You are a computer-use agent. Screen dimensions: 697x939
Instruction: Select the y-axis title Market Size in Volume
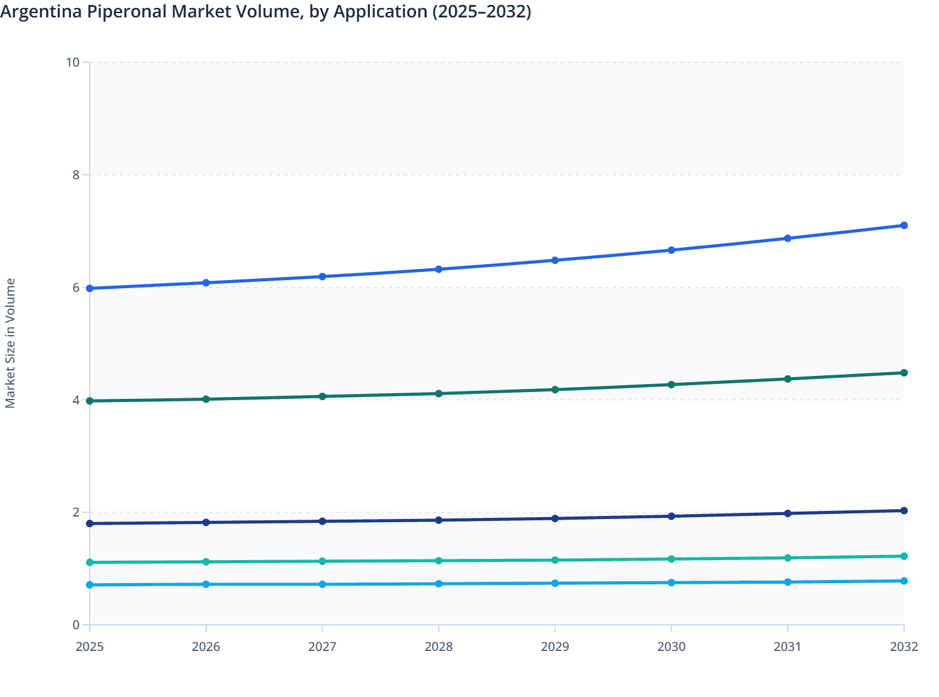[11, 343]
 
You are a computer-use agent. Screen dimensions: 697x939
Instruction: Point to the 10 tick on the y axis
[73, 62]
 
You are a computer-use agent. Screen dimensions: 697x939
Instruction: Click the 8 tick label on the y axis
[76, 175]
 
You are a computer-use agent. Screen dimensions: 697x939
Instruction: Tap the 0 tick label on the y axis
[76, 625]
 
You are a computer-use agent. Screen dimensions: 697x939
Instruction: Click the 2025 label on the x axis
[90, 647]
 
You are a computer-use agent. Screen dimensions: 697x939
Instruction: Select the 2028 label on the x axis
[438, 647]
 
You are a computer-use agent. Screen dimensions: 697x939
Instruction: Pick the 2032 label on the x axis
[904, 647]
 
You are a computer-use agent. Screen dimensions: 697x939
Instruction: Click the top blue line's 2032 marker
[904, 225]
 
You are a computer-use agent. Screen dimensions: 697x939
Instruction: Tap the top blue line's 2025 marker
[90, 288]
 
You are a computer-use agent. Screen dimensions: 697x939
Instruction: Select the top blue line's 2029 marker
[555, 260]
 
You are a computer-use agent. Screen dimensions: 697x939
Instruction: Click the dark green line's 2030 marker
[671, 385]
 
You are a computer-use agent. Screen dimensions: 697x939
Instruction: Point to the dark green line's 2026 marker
[206, 399]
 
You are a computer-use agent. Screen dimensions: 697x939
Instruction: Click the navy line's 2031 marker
[788, 513]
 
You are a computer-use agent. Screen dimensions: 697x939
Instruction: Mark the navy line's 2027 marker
[323, 521]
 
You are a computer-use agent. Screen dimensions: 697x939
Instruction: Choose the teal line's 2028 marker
[438, 561]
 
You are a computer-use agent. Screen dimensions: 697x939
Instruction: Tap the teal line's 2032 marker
[904, 556]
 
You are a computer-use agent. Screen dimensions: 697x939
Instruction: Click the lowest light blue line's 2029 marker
[555, 583]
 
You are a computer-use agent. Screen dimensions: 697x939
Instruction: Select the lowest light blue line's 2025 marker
[90, 585]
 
